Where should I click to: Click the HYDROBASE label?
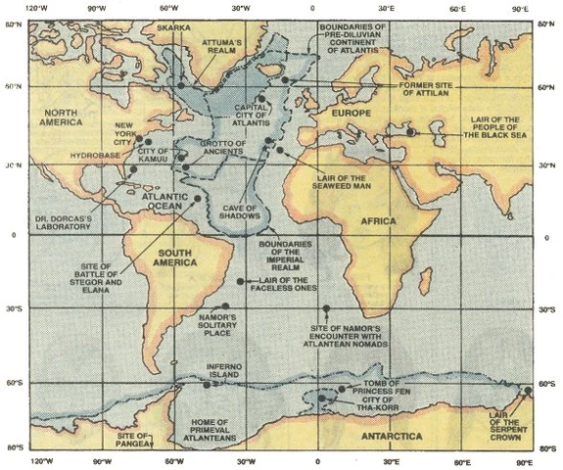(x=94, y=156)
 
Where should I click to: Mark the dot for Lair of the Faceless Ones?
(x=241, y=282)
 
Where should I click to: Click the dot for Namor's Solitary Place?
(x=225, y=306)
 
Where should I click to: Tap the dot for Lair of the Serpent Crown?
(x=528, y=390)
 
